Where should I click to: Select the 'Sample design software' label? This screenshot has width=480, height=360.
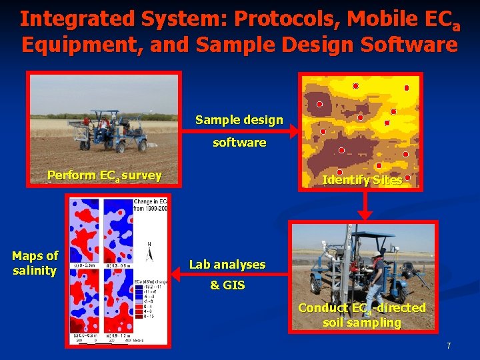[239, 131]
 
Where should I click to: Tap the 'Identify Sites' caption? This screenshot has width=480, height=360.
[362, 180]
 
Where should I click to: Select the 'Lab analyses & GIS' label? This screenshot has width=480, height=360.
[227, 275]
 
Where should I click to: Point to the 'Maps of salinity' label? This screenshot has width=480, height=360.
[35, 263]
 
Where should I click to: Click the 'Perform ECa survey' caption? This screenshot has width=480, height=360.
[104, 175]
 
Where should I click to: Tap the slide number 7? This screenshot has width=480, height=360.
[449, 346]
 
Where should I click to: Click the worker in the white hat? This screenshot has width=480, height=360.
[378, 273]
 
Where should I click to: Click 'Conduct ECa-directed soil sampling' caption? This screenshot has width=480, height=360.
[362, 315]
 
